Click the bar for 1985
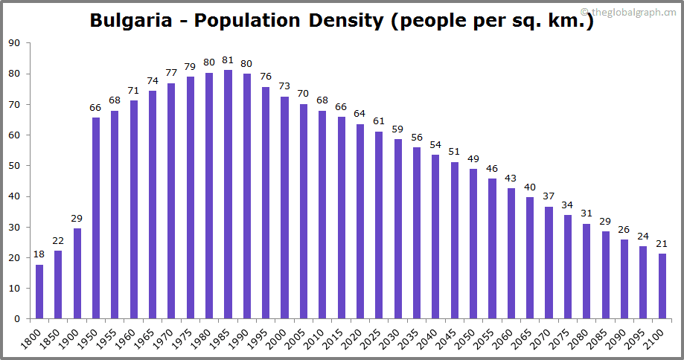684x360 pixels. click(228, 194)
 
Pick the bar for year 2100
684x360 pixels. click(662, 286)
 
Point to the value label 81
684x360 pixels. click(228, 60)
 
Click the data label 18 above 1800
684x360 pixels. click(39, 255)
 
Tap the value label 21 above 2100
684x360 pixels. click(662, 244)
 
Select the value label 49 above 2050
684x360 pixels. click(473, 159)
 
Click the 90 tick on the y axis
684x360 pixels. click(14, 43)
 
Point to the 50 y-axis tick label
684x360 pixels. click(14, 166)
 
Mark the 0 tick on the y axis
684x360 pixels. click(17, 319)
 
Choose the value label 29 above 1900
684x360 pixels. click(77, 219)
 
